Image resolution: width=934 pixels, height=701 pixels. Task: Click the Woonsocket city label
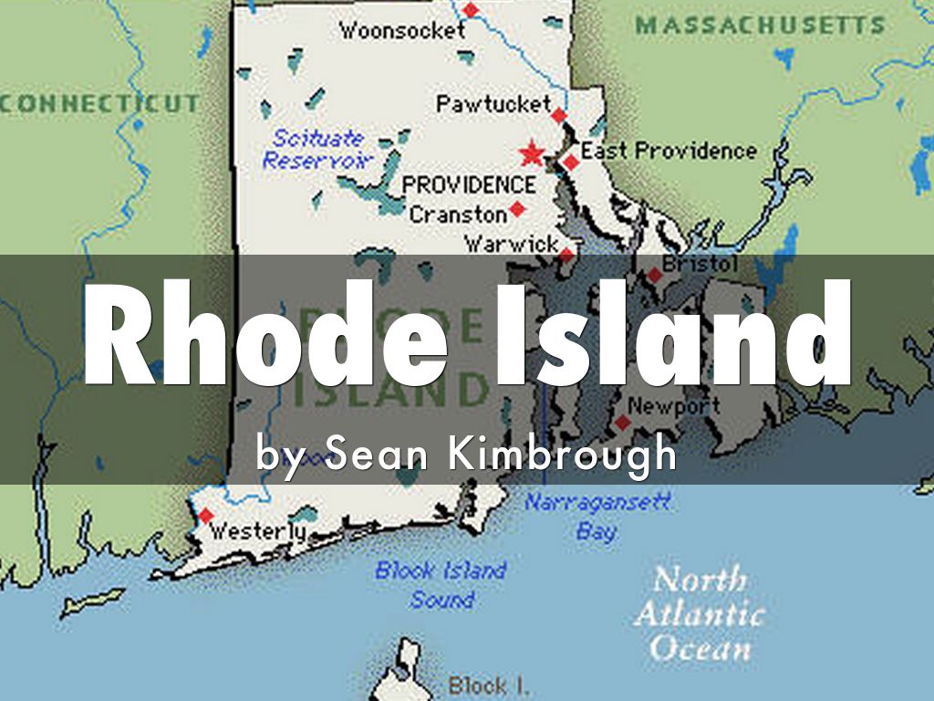(x=402, y=30)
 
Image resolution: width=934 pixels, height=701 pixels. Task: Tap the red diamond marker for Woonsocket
(x=471, y=10)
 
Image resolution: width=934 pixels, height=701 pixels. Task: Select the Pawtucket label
(x=493, y=104)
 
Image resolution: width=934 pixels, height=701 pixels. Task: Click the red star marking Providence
(x=531, y=154)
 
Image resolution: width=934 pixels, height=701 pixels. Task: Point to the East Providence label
(x=669, y=151)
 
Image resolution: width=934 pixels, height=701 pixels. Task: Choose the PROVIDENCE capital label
(x=469, y=185)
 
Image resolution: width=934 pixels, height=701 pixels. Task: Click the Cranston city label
(x=458, y=214)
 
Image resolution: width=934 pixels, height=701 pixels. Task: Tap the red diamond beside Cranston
(x=517, y=209)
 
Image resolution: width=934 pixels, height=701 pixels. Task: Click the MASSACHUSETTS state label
(x=761, y=26)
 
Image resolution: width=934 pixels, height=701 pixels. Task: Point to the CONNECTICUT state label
(x=99, y=103)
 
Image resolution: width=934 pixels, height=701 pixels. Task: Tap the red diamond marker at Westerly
(x=206, y=516)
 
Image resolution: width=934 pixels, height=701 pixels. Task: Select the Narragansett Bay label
(x=597, y=516)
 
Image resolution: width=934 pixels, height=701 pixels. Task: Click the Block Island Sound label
(x=441, y=585)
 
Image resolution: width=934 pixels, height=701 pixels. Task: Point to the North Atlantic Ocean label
(x=699, y=613)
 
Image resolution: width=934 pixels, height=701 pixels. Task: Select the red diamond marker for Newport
(x=623, y=423)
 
